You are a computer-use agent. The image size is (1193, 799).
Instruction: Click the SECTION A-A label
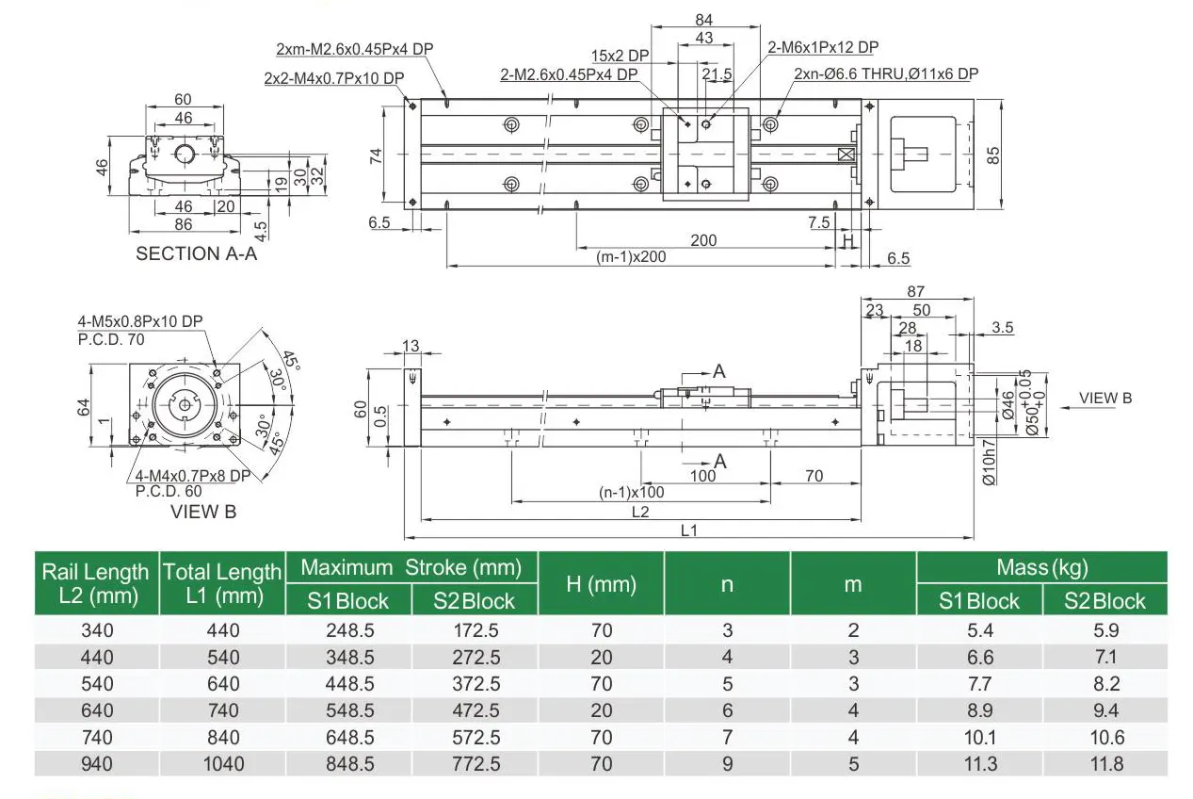[x=196, y=253]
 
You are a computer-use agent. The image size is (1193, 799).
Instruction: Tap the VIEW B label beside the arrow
[x=1104, y=398]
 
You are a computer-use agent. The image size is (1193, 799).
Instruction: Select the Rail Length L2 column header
[x=96, y=583]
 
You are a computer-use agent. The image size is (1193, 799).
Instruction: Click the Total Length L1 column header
[x=222, y=583]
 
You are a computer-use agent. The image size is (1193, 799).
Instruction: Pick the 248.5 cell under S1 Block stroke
[x=348, y=630]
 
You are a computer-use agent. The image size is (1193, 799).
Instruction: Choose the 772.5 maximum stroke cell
[x=475, y=763]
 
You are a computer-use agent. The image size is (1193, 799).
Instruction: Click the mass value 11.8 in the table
[x=1104, y=763]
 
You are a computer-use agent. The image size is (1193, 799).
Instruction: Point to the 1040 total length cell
[x=222, y=763]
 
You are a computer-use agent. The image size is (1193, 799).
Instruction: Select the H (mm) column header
[x=601, y=584]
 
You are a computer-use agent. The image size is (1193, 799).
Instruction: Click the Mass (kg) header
[x=1041, y=567]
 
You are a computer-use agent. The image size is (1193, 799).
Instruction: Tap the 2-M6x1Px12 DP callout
[x=823, y=47]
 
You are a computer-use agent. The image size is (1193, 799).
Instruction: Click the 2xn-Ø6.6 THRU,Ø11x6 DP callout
[x=886, y=74]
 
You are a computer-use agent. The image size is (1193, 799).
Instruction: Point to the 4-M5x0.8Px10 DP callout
[x=140, y=321]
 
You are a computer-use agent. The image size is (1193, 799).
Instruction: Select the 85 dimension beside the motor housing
[x=992, y=155]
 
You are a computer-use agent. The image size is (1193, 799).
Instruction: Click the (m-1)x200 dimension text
[x=631, y=256]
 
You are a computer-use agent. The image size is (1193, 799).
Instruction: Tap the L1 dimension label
[x=689, y=530]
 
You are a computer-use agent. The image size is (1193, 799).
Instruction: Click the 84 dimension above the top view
[x=703, y=20]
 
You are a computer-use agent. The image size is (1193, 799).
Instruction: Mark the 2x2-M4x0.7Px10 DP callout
[x=334, y=77]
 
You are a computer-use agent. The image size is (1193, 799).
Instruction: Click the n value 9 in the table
[x=727, y=763]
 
